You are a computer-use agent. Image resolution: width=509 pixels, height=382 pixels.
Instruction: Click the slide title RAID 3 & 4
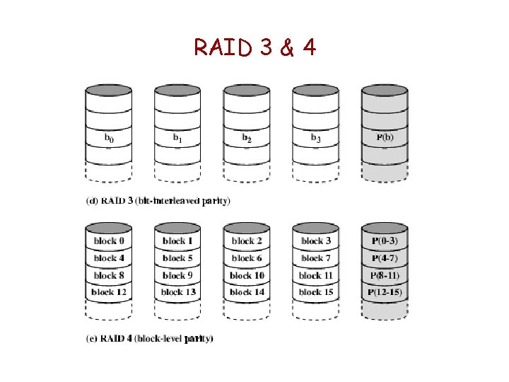255,47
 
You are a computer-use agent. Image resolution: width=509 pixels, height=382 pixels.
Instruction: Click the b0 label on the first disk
109,138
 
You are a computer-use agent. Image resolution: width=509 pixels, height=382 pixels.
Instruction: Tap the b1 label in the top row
177,138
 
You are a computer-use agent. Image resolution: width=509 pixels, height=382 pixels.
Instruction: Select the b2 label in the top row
246,138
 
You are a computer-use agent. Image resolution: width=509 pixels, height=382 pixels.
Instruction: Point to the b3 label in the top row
315,138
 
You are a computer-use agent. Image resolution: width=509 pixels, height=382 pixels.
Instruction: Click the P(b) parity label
385,137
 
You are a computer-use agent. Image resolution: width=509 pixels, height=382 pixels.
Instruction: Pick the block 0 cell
109,241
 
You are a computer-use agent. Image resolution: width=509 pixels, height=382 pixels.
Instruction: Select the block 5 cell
177,258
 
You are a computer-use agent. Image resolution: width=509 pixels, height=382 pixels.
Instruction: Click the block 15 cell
315,292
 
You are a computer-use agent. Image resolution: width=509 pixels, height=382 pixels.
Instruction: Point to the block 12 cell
109,292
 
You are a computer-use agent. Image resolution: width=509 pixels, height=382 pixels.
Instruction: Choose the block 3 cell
315,241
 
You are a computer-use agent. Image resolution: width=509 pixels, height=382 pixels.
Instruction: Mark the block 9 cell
177,275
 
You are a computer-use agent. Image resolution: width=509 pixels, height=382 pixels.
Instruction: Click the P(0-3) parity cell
385,241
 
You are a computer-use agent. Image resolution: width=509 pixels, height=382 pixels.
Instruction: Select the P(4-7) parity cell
385,258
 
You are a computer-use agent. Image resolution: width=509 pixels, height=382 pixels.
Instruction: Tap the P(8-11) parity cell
385,275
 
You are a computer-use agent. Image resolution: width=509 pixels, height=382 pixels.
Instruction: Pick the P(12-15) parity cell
385,292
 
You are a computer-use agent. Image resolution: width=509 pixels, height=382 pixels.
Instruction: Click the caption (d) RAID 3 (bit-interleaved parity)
158,201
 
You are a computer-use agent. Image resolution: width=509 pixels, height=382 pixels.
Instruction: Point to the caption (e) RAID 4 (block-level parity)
149,339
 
